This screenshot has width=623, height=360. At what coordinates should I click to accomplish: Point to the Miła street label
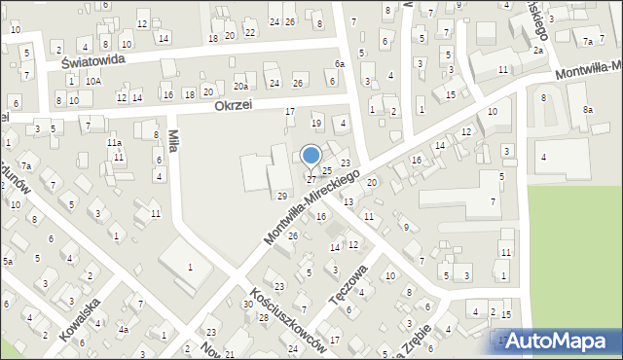click(x=173, y=141)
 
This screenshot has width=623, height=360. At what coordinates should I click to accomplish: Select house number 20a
click(x=239, y=87)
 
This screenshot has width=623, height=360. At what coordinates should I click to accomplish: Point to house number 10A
click(x=92, y=82)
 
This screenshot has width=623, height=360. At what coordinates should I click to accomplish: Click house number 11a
click(x=114, y=143)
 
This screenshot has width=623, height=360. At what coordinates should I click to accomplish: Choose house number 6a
click(x=340, y=64)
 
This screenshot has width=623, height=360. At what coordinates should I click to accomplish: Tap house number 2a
click(x=537, y=50)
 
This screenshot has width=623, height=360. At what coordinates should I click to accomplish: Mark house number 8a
click(x=588, y=110)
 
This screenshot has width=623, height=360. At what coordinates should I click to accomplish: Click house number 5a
click(x=7, y=262)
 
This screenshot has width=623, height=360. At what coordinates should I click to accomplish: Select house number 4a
click(x=124, y=329)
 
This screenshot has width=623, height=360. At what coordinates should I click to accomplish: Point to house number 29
click(x=282, y=197)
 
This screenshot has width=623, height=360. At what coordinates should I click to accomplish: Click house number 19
click(x=315, y=124)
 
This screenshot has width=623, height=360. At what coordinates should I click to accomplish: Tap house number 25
click(x=328, y=170)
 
